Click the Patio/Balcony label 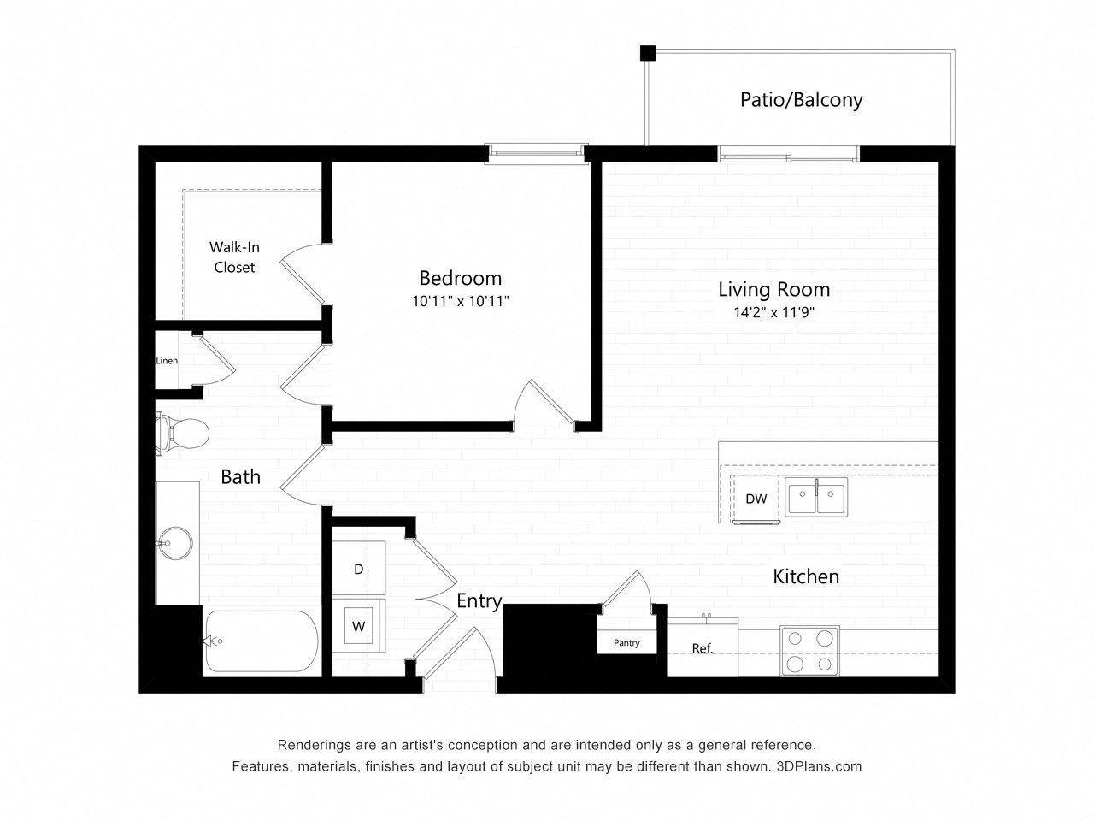pos(801,100)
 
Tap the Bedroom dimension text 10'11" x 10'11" pos(460,301)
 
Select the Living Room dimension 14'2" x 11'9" pos(774,312)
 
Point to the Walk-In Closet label pos(234,257)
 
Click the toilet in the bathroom pos(181,433)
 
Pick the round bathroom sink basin pos(174,543)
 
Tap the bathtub pos(262,641)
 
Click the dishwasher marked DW pos(756,499)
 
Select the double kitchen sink pos(816,496)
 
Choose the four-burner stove pos(809,651)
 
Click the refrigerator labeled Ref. pos(703,647)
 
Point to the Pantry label pos(626,642)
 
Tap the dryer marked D pos(358,569)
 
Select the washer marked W pos(358,626)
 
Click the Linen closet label pos(167,360)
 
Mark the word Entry pos(479,601)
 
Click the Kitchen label pos(806,576)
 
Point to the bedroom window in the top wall pos(536,154)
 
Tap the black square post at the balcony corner pos(648,53)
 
